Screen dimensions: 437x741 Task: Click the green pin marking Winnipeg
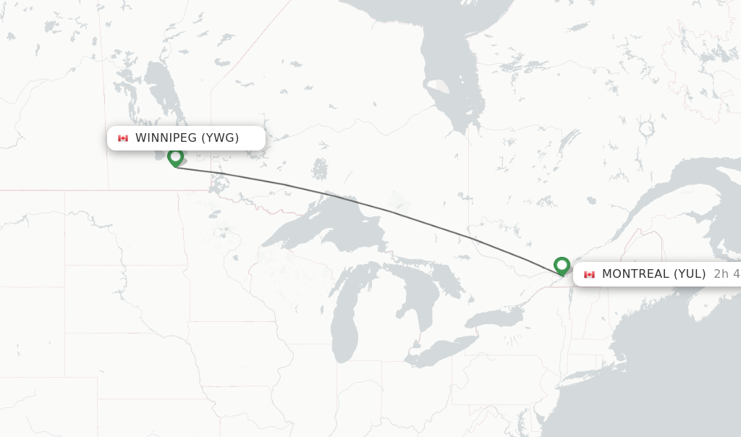(x=175, y=157)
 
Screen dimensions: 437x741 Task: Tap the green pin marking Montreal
(x=562, y=266)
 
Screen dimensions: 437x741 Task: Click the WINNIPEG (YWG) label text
(x=187, y=138)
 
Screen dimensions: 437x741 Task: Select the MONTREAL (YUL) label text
(x=653, y=274)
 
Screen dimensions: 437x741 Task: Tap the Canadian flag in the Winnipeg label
(x=123, y=138)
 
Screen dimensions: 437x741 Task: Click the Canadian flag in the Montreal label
(x=589, y=274)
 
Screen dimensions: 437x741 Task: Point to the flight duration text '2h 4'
(x=726, y=274)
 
